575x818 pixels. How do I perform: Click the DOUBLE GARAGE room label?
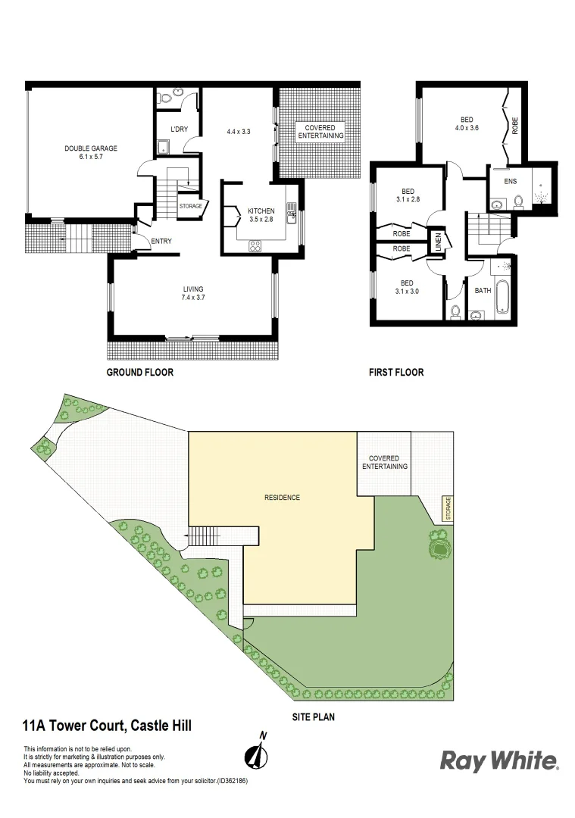coord(91,152)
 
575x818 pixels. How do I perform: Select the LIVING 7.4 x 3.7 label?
coord(193,294)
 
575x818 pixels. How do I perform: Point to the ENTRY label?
coord(161,242)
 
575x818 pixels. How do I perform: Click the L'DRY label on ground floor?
coord(179,130)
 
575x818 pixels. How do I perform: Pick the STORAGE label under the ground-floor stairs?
coord(190,205)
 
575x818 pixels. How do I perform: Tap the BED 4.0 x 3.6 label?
coord(467,123)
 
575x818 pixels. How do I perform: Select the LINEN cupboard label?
coord(438,244)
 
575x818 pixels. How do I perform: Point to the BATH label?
coord(482,290)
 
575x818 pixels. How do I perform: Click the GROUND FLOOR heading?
coord(139,373)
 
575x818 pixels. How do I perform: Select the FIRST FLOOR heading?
coord(395,373)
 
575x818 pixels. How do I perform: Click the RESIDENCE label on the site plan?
coord(282,498)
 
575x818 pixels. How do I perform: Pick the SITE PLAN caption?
coord(313,716)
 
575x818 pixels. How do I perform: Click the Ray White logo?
coord(500,760)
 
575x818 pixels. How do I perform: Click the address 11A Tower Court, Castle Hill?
coord(107,726)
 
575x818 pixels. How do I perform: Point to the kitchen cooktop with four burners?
coord(255,245)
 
